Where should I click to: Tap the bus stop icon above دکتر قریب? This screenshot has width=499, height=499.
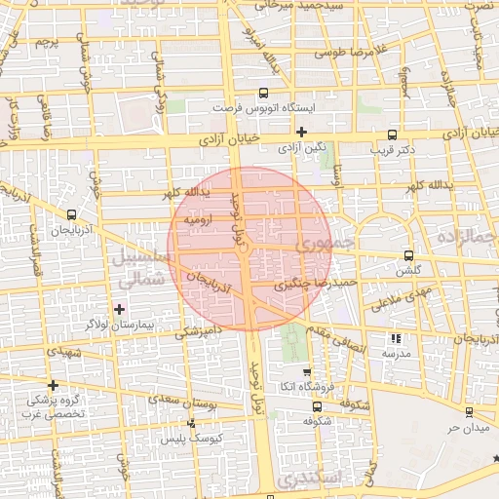click(393, 134)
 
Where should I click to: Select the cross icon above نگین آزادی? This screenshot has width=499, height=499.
click(301, 132)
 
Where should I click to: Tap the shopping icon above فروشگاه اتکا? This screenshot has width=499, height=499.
click(307, 372)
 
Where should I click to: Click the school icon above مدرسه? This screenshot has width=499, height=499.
click(395, 338)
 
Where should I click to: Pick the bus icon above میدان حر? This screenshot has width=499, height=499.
click(469, 412)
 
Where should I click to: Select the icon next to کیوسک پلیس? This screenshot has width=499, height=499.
click(191, 423)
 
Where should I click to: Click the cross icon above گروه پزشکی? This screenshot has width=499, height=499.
click(53, 385)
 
